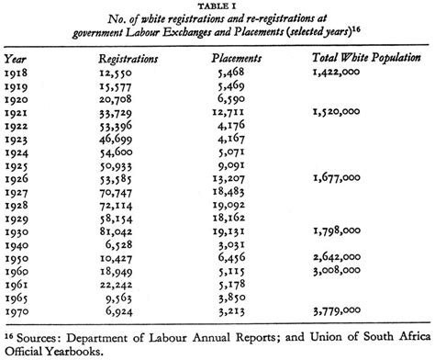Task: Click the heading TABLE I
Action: point(217,6)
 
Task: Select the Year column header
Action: point(17,58)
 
